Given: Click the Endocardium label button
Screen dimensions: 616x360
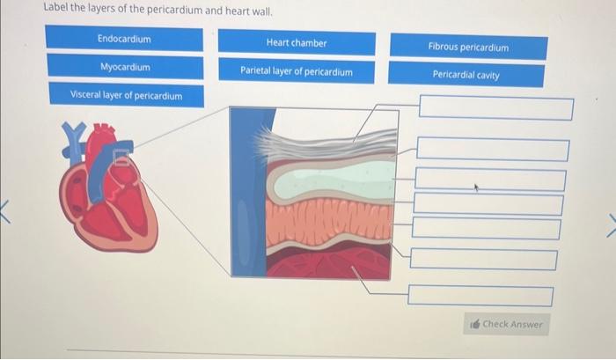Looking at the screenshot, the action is tap(124, 40).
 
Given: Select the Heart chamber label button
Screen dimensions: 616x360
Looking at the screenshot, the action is tap(296, 43).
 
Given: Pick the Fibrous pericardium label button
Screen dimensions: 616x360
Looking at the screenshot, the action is tap(468, 47).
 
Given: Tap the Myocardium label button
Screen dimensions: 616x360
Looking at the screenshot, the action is tap(124, 67).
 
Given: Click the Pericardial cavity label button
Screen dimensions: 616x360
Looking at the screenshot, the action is tap(466, 75).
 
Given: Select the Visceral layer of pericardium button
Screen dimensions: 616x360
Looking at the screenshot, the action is tap(126, 95).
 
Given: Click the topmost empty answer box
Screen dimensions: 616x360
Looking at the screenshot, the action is tap(495, 109).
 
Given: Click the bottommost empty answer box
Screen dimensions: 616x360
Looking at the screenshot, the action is tap(480, 297).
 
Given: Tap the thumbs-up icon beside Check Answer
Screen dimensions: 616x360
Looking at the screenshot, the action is tap(475, 325).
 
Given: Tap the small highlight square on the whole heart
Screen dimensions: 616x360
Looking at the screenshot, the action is tap(122, 159).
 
